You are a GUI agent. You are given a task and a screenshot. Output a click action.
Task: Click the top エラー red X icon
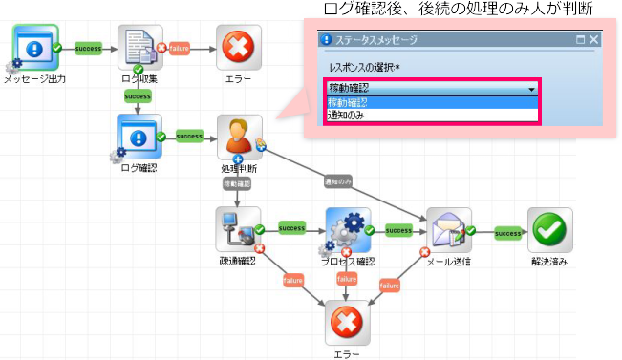tap(238, 47)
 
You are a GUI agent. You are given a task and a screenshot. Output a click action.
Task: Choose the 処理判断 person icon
tap(239, 138)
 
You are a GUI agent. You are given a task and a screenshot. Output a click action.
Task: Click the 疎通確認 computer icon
tap(238, 230)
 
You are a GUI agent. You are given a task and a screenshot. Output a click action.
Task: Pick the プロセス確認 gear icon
tap(347, 230)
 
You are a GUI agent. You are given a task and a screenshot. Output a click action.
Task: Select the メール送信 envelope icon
tap(448, 230)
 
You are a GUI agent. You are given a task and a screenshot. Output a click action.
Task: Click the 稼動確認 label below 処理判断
tap(237, 182)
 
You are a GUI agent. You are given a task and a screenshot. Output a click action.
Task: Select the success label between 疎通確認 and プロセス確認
tap(292, 229)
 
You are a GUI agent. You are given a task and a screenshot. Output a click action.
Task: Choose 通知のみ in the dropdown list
tap(346, 115)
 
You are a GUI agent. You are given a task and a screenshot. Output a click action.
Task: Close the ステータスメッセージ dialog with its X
tap(594, 40)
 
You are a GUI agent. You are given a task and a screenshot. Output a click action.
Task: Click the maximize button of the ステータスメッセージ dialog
tap(580, 40)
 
